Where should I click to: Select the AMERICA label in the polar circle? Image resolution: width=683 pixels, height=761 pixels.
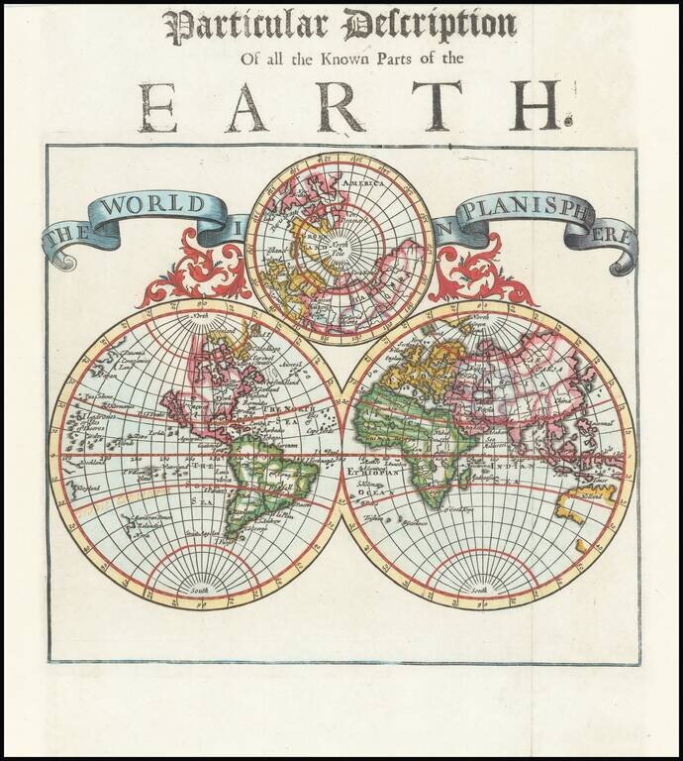(364, 184)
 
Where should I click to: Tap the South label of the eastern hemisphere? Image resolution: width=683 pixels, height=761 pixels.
(479, 590)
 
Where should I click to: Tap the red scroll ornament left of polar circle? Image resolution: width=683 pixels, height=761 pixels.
(202, 268)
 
